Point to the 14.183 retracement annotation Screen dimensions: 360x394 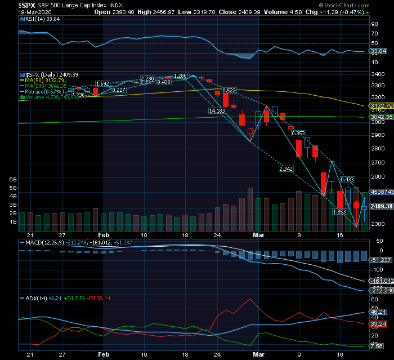(217, 111)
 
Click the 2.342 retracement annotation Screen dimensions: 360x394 (286, 168)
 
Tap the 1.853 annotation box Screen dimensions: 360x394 (339, 211)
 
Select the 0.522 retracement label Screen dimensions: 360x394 (229, 90)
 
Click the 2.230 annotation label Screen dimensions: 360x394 (147, 78)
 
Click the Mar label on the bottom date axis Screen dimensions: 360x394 (258, 355)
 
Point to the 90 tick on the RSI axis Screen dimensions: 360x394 (373, 24)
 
